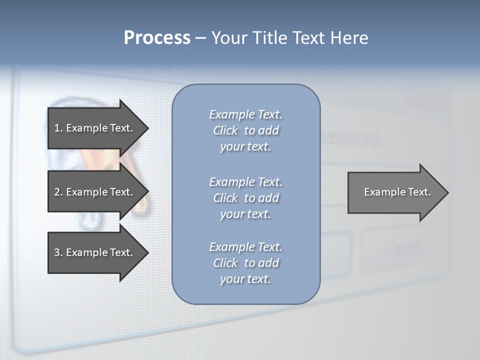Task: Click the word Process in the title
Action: [x=157, y=38]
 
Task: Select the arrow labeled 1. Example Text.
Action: [x=95, y=128]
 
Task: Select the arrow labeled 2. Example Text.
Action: [x=95, y=192]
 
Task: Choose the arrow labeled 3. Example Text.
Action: [x=95, y=252]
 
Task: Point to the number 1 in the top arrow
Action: [x=57, y=128]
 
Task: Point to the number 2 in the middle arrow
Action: [x=57, y=192]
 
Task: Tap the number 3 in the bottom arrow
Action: [x=57, y=252]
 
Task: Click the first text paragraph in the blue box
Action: [x=245, y=130]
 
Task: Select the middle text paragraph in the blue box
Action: [x=245, y=197]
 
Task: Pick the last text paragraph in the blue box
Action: [x=245, y=263]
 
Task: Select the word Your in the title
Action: [x=228, y=38]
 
